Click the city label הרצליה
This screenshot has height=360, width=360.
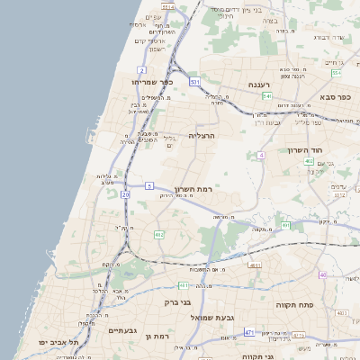(x=201, y=135)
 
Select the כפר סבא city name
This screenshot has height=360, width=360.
(x=335, y=95)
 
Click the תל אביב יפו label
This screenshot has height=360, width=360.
(x=59, y=343)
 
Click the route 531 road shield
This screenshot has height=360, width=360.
(x=195, y=81)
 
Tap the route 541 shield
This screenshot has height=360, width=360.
(x=267, y=95)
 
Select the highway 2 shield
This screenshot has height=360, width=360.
(x=142, y=69)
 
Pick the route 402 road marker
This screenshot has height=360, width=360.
(x=309, y=161)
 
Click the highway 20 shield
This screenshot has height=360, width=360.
(x=125, y=193)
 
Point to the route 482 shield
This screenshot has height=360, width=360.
(x=159, y=235)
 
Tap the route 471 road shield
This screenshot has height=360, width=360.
(x=249, y=332)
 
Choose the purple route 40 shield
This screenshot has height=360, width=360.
(x=323, y=274)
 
